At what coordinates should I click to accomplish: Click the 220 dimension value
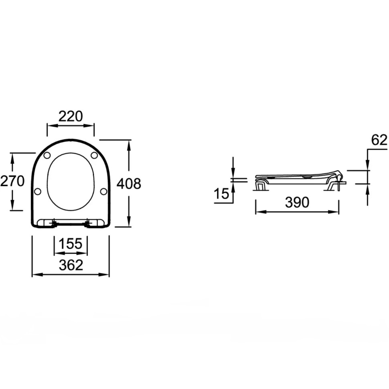71,116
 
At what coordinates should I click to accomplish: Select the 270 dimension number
12,181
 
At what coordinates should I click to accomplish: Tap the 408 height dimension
129,184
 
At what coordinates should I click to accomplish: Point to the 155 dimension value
71,243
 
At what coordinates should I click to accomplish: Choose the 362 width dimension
71,265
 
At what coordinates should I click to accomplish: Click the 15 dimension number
221,194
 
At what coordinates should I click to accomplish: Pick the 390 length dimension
297,202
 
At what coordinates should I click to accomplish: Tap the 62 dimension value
379,140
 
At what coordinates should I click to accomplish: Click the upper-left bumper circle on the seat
47,155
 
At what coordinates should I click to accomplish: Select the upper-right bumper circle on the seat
94,155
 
